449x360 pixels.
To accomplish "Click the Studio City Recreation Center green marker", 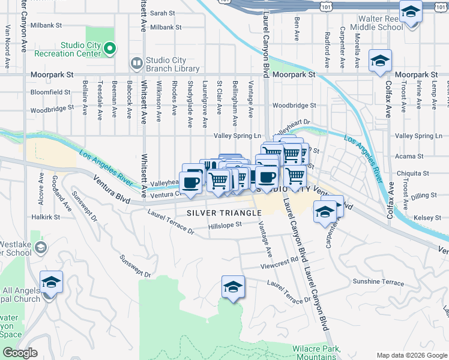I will click(x=109, y=48).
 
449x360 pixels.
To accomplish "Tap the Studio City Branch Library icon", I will click(x=137, y=62).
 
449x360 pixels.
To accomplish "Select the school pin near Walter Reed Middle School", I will click(x=411, y=13).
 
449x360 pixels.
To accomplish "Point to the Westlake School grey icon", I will click(x=40, y=247).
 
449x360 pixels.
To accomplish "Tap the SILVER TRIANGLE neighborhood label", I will click(x=224, y=213).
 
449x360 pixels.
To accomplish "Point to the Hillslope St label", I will click(x=224, y=224).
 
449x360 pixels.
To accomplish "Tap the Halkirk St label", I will click(x=46, y=217).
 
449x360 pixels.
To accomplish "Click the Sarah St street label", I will click(x=162, y=13).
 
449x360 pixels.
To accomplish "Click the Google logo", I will click(x=20, y=353).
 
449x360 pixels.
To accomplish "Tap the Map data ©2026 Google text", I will click(x=411, y=355).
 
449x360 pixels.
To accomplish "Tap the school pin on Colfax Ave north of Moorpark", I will click(x=380, y=61).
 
